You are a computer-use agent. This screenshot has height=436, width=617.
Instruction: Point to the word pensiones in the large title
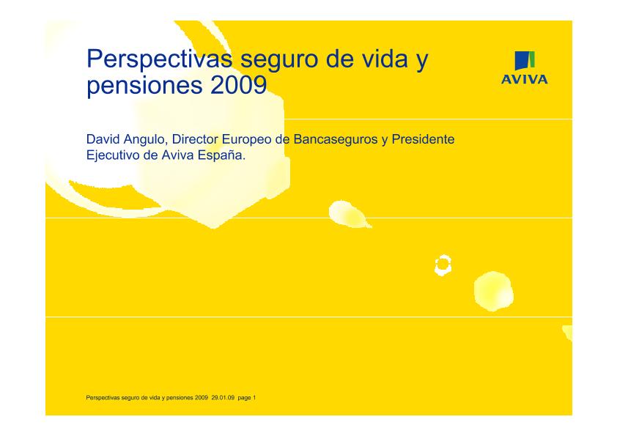[x=134, y=86]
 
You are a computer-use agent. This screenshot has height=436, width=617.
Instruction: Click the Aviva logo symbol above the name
[x=523, y=62]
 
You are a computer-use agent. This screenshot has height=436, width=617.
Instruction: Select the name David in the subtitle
[x=103, y=138]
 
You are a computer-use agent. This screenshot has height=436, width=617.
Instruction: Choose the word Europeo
[x=243, y=139]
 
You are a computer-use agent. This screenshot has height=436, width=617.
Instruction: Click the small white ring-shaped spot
[x=443, y=265]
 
